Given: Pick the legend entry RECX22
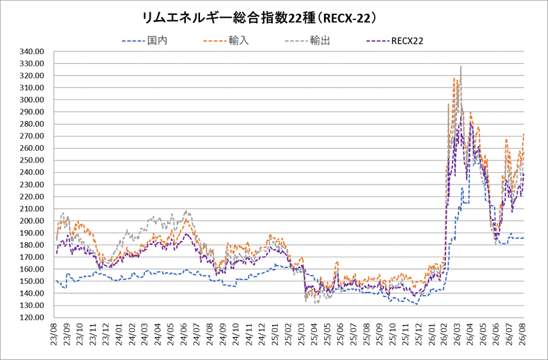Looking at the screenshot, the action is tap(407, 41).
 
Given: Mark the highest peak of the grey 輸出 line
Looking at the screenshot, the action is tap(461, 66).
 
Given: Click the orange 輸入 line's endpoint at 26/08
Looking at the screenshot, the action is tap(523, 134).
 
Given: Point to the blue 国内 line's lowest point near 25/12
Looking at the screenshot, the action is tap(417, 304).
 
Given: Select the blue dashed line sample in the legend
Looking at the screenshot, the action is tap(133, 41).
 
